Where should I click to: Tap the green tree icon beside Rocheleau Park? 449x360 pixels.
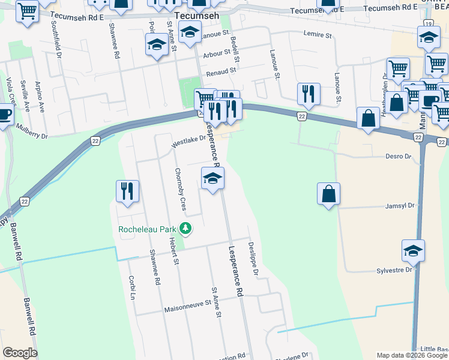click(186, 228)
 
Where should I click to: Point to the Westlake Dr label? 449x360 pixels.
click(188, 141)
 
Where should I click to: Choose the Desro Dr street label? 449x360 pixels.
click(398, 156)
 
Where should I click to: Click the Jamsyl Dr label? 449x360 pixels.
click(402, 205)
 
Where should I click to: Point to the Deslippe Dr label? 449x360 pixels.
click(253, 259)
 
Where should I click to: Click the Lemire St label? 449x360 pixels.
click(318, 35)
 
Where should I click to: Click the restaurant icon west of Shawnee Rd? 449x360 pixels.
click(127, 191)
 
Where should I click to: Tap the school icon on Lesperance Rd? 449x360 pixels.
click(212, 178)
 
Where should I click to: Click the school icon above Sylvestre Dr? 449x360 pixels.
click(413, 251)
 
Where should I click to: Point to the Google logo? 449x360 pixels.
click(20, 352)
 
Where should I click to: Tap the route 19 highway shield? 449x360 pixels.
click(427, 23)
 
